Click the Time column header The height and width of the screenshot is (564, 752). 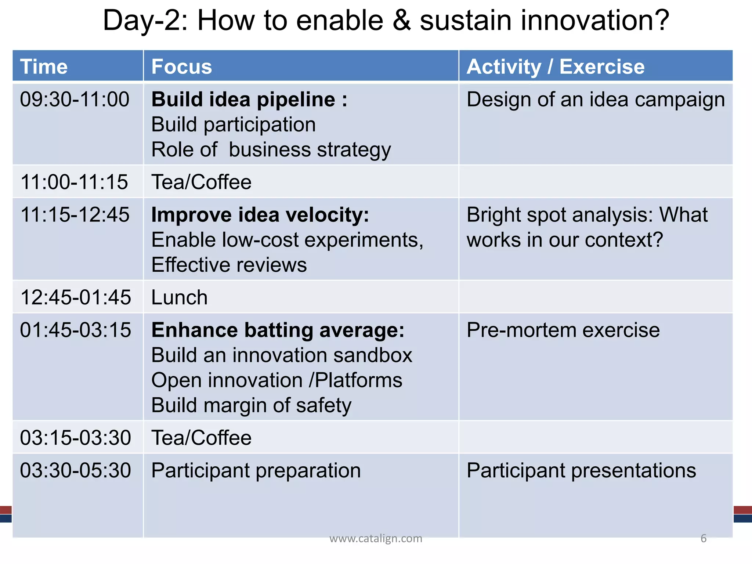click(x=44, y=66)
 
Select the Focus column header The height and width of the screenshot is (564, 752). click(x=182, y=66)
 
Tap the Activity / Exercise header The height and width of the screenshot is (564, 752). click(x=555, y=66)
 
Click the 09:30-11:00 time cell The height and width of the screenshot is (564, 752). click(x=75, y=100)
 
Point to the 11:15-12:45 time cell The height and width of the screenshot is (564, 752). click(x=75, y=215)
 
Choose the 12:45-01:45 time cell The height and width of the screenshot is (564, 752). click(x=75, y=297)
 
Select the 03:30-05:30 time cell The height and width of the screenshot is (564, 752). click(x=75, y=470)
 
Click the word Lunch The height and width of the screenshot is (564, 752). click(x=179, y=297)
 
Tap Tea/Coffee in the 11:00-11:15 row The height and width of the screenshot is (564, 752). click(x=201, y=182)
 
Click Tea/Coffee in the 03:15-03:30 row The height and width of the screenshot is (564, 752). click(x=201, y=438)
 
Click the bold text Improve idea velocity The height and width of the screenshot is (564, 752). click(x=260, y=215)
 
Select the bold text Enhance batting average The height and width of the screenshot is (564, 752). click(x=278, y=330)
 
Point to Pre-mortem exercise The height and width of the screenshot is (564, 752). click(x=563, y=330)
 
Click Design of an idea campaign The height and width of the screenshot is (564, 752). click(x=595, y=100)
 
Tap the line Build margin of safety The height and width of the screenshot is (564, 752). click(x=251, y=405)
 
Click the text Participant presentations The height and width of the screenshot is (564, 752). click(x=581, y=470)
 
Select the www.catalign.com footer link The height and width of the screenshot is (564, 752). click(x=376, y=538)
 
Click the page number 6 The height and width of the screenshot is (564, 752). click(x=704, y=538)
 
